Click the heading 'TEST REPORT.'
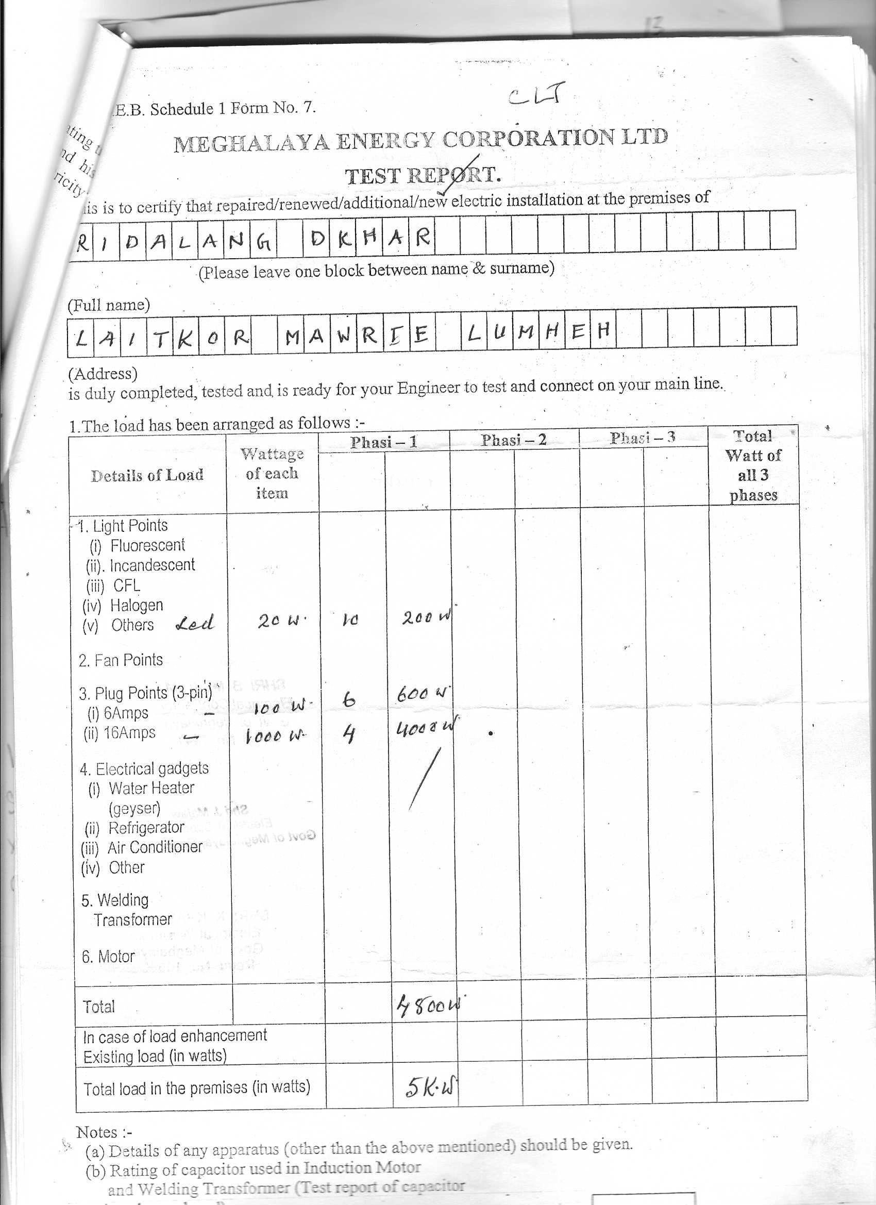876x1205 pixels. coord(423,175)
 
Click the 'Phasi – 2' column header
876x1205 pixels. coord(514,440)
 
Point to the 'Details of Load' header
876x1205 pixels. coord(147,475)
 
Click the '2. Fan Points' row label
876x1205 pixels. coord(121,660)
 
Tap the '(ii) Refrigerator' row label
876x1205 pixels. coord(134,828)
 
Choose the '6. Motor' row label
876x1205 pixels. coord(108,957)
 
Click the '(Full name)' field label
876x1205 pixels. coord(109,305)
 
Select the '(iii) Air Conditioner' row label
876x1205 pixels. coord(142,847)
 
